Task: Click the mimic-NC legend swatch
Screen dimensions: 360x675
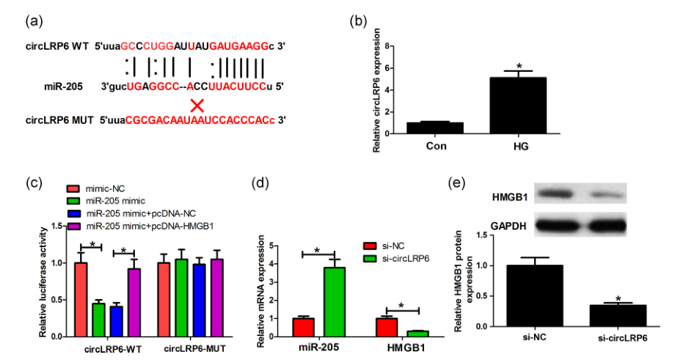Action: coord(75,189)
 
